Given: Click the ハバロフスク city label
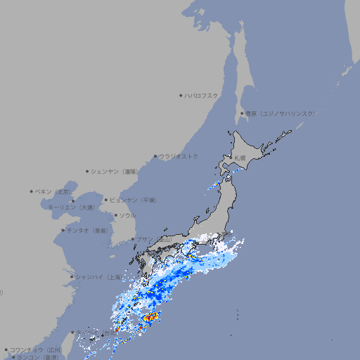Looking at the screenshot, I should coord(202,95).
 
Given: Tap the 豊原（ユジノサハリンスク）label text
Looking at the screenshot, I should coord(280,113).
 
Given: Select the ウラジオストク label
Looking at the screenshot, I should coord(179,156).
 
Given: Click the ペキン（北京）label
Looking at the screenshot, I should coord(53,191).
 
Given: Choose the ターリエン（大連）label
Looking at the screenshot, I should coord(71,207).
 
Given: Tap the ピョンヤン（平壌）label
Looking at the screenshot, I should coord(134,200).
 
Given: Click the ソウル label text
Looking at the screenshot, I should coord(127,215).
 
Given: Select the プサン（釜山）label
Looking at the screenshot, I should coord(154,239).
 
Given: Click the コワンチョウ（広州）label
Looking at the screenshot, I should coord(35,349).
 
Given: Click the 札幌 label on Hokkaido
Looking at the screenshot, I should coord(240,157).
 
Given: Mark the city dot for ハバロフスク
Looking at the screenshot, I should coord(181,95).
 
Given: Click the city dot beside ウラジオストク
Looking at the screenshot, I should coord(155,156).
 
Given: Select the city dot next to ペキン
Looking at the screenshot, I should coord(32,191).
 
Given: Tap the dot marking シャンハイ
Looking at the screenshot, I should coord(72,277).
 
